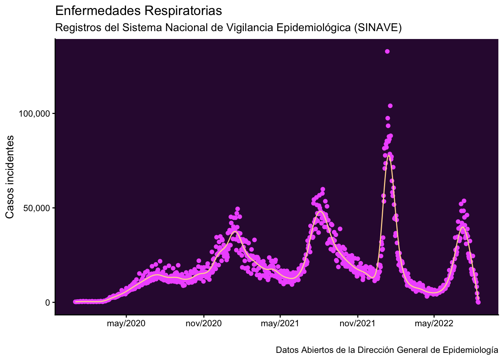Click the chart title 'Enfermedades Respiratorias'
(x=139, y=11)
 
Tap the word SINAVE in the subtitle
(x=378, y=28)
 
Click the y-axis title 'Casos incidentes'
(x=10, y=177)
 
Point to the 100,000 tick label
(x=34, y=114)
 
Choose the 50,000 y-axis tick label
(x=36, y=208)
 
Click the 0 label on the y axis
(x=47, y=303)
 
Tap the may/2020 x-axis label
(x=126, y=324)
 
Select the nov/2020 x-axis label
(x=204, y=324)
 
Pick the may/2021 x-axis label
(x=280, y=324)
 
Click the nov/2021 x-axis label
(x=357, y=324)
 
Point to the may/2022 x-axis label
(x=434, y=324)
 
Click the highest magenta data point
(x=387, y=51)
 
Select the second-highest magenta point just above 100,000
(x=390, y=106)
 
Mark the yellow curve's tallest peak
(x=388, y=156)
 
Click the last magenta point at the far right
(x=478, y=302)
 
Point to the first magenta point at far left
(x=75, y=302)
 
